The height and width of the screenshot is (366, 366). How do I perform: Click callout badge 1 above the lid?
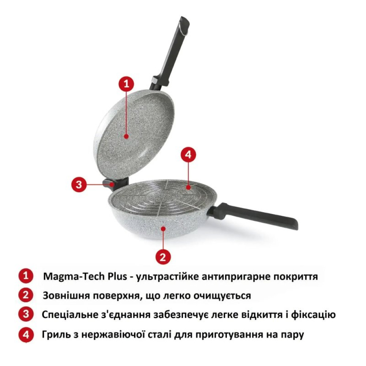pos(126,85)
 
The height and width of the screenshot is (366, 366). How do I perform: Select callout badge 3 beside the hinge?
pos(79,184)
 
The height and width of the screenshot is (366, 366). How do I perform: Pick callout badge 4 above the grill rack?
pos(188,155)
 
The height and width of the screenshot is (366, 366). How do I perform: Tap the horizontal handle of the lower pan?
pos(256,216)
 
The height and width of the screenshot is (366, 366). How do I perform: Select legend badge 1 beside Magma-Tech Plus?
pos(26,276)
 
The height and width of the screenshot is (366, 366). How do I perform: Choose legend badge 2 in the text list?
pos(26,295)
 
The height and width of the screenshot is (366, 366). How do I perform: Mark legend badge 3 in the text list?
pos(26,314)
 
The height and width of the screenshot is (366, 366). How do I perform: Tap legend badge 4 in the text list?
pos(26,334)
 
